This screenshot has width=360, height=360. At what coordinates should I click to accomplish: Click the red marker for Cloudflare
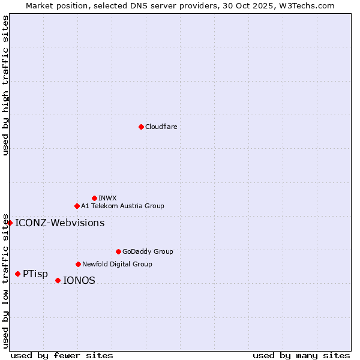click(141, 127)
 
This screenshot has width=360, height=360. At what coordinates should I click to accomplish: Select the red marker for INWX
click(94, 198)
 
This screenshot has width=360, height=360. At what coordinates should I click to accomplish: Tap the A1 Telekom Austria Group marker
click(77, 206)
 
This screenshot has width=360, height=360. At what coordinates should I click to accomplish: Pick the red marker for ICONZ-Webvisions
click(10, 223)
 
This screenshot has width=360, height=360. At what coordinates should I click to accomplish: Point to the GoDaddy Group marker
click(118, 251)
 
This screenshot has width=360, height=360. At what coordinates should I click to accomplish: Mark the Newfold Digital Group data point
click(78, 264)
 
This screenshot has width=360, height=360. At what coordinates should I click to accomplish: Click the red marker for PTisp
click(17, 274)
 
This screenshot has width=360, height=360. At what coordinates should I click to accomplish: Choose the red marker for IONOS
click(58, 280)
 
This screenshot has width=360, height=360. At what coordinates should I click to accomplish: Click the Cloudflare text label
click(161, 127)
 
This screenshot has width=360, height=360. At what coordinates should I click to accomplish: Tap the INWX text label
click(107, 198)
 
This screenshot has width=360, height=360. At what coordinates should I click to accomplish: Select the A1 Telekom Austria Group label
click(122, 206)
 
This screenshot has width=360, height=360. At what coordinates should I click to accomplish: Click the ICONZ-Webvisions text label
click(59, 223)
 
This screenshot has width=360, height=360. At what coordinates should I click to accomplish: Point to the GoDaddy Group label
click(148, 251)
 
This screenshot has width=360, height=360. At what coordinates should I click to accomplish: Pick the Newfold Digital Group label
click(117, 264)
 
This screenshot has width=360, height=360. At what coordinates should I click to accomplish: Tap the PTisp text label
click(35, 274)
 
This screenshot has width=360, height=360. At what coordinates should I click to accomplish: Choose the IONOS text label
click(79, 280)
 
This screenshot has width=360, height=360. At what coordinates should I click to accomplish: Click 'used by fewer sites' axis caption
click(62, 356)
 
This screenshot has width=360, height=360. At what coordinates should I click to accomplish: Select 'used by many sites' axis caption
click(301, 356)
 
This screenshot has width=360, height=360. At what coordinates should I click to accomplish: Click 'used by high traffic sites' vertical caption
click(5, 85)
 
